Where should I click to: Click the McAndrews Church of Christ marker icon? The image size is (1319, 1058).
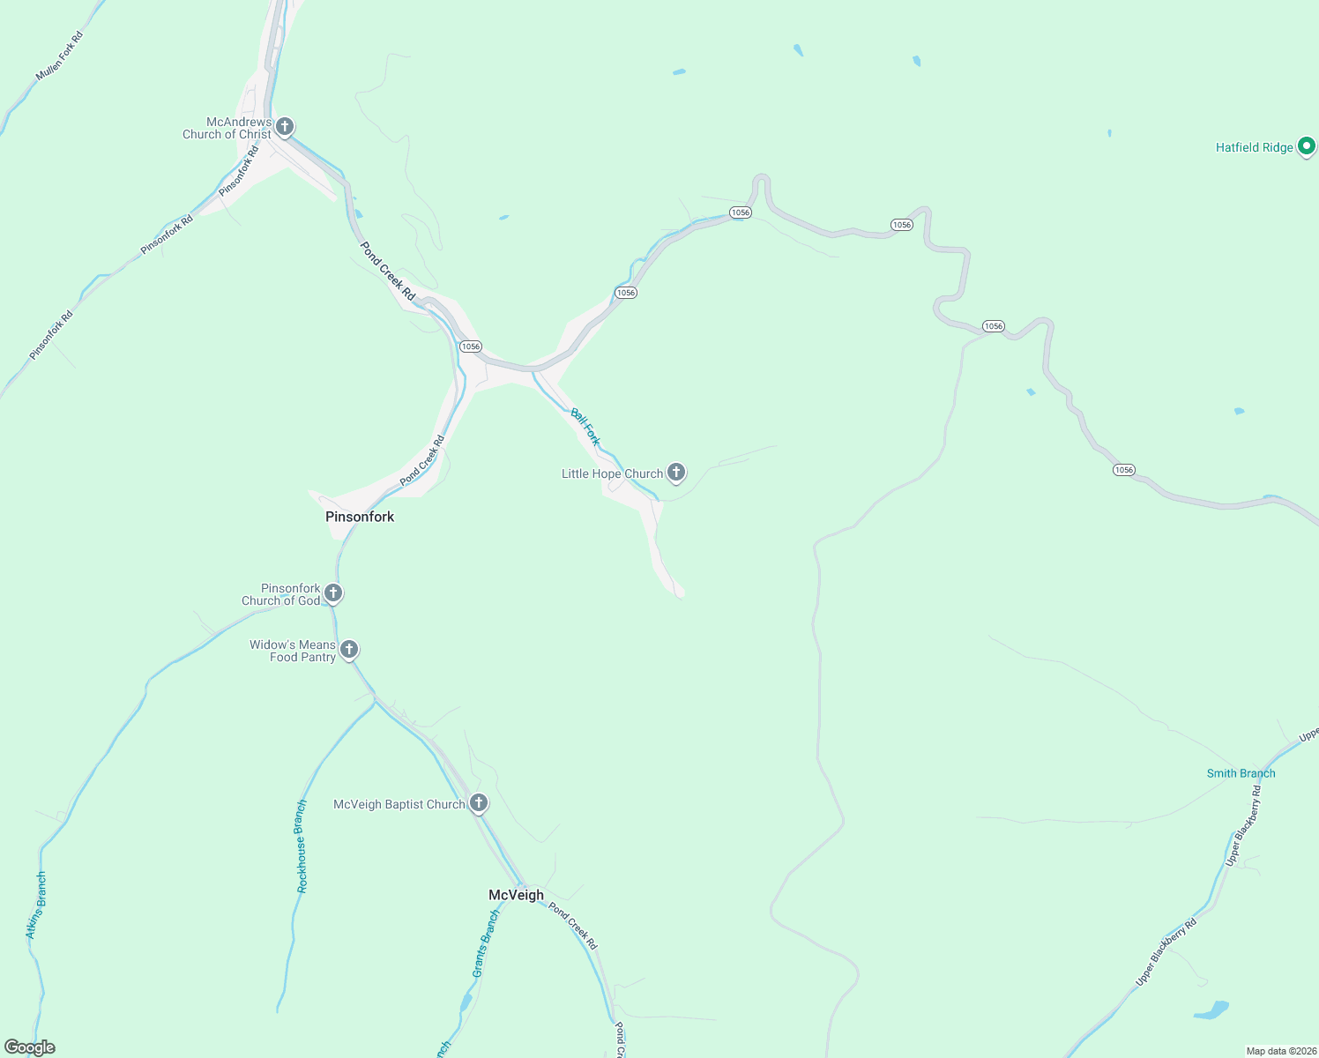point(284,126)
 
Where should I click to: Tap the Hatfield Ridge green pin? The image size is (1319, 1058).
point(1307,145)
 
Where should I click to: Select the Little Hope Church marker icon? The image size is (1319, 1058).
point(676,472)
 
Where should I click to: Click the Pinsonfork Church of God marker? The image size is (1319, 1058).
point(333,592)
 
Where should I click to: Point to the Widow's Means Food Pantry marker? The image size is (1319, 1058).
point(349,649)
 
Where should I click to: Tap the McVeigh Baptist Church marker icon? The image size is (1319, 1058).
point(479,802)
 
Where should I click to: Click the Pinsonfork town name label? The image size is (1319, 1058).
point(360,517)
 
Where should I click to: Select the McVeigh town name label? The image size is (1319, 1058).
point(516,895)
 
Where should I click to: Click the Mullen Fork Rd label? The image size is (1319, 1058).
point(59,56)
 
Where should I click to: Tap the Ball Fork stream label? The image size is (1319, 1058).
point(585,426)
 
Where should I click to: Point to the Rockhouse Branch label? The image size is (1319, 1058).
point(302,846)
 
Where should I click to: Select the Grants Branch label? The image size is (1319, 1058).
point(485,943)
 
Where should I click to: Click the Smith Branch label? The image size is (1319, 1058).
point(1241,773)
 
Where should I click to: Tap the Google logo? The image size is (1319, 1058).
point(30,1047)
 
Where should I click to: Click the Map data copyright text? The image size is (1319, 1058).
point(1280,1051)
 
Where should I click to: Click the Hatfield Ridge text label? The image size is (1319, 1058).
point(1254,147)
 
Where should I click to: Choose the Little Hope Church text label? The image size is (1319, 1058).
point(612,473)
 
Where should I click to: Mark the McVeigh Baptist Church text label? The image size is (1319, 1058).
point(399,804)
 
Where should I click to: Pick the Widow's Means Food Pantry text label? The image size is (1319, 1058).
point(293,651)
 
